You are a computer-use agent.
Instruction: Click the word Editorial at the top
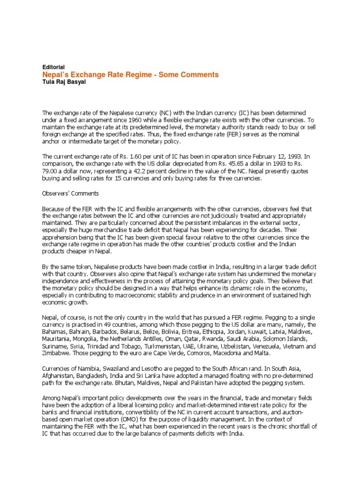(53, 67)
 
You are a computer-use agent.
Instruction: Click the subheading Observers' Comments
(70, 193)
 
